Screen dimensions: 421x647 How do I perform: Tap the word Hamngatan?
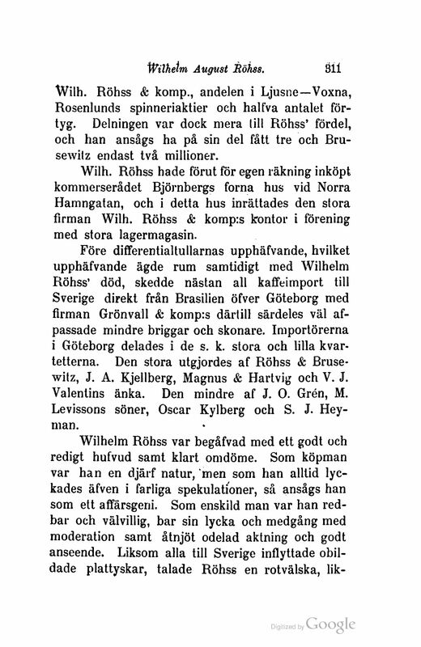point(98,211)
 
